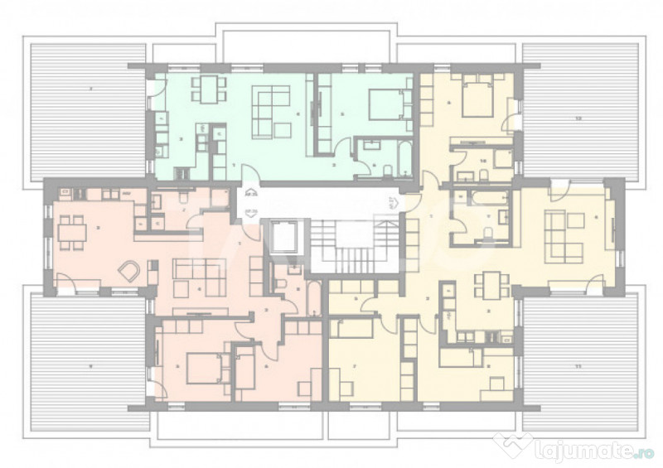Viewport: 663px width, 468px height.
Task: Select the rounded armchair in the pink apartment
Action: click(x=129, y=270)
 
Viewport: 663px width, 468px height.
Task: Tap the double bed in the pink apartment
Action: click(x=203, y=368)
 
